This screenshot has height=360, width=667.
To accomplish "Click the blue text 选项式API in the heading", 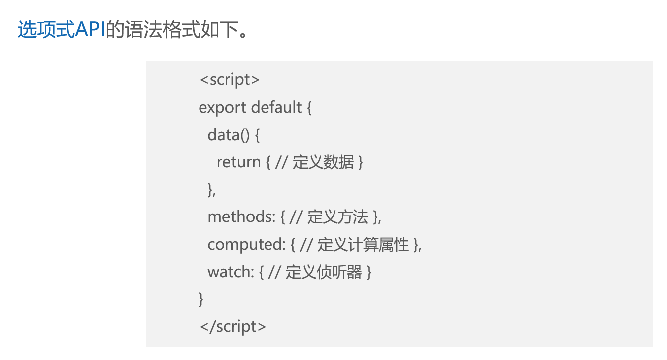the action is click(x=62, y=30).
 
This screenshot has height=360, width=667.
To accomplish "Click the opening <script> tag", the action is click(x=229, y=80).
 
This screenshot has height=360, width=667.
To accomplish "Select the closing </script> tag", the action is click(x=232, y=326).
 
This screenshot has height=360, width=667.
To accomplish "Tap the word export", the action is click(x=222, y=107).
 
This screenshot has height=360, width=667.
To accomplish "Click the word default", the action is click(x=276, y=107).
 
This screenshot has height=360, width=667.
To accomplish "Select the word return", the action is click(x=238, y=162).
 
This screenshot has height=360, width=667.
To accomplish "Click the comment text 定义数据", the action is click(x=323, y=162).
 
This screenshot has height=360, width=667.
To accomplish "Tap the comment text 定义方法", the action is click(x=337, y=216).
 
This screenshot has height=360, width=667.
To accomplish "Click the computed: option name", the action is click(x=246, y=244).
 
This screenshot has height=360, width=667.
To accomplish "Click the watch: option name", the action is click(x=231, y=272).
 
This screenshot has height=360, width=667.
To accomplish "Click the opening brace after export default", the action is click(x=309, y=107).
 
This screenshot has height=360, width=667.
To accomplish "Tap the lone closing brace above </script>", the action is click(x=201, y=299).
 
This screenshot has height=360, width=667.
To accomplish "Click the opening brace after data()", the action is click(x=257, y=135).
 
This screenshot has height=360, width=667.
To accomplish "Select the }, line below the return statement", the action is click(x=212, y=190).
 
